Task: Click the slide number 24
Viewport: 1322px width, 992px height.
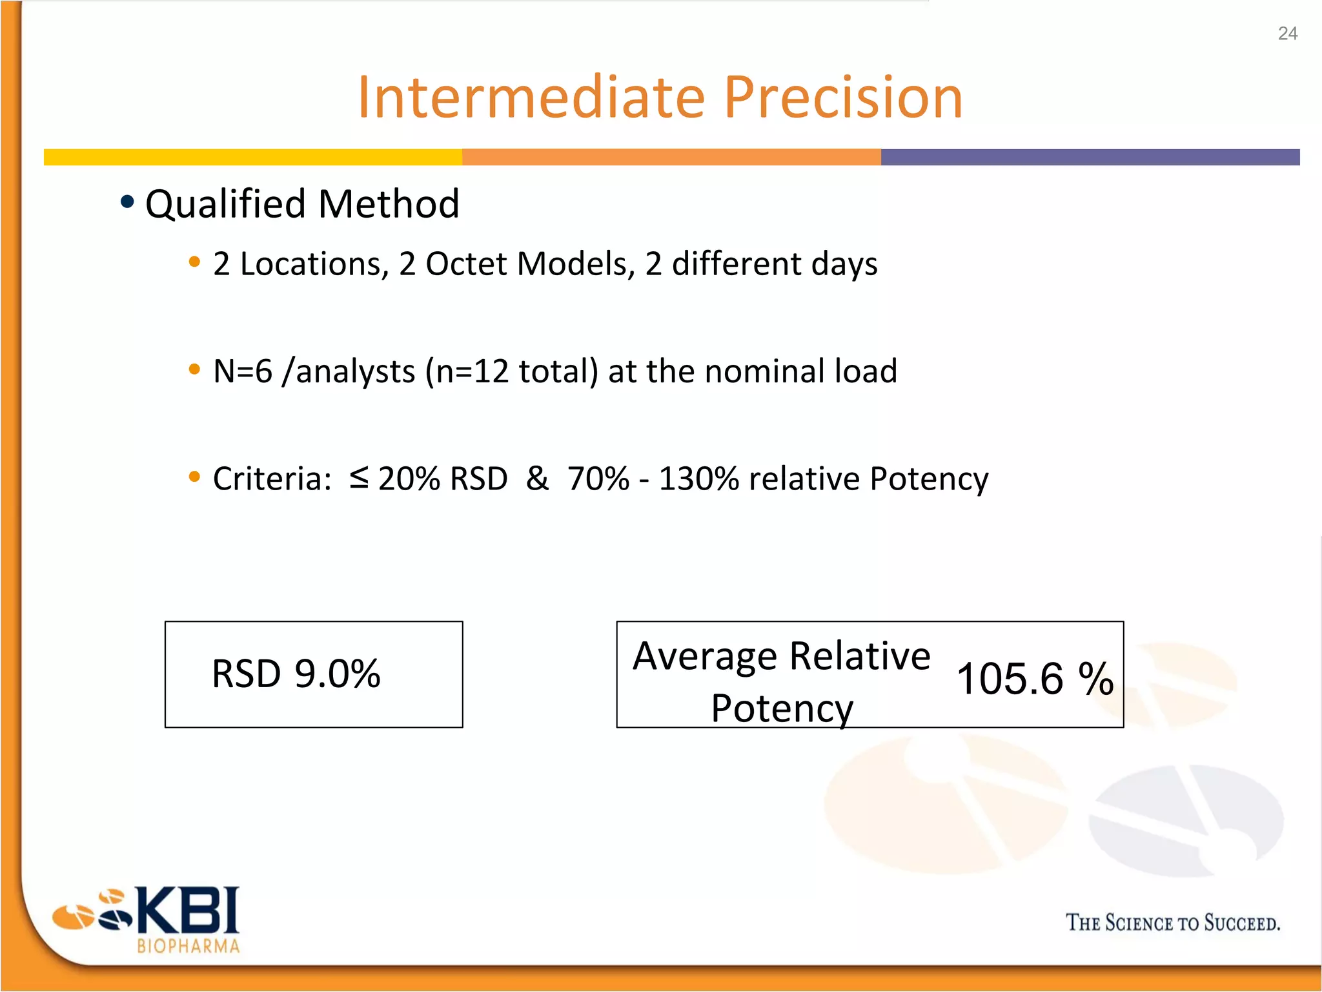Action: pos(1287,34)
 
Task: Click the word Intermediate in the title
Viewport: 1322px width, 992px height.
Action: pos(532,98)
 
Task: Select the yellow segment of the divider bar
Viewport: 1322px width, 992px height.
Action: pos(252,157)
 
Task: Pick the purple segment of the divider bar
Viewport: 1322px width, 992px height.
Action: pos(1090,157)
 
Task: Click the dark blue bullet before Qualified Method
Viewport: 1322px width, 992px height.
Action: pos(127,202)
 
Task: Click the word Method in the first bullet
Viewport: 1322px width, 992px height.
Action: pos(389,204)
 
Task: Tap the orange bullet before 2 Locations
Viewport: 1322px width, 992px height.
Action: pos(194,262)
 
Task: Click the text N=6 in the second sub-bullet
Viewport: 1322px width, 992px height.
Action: pos(243,371)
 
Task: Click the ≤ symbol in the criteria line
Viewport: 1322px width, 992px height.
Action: pos(359,478)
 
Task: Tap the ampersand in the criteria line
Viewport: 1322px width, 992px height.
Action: pos(537,479)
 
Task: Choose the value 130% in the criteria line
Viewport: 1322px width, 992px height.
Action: pos(698,479)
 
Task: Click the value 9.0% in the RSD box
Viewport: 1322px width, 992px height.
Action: pos(338,674)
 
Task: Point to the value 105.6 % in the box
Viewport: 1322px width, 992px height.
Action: pos(1035,679)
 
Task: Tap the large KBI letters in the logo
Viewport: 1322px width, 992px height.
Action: pos(188,911)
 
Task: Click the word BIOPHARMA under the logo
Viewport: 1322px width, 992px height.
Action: pos(188,947)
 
